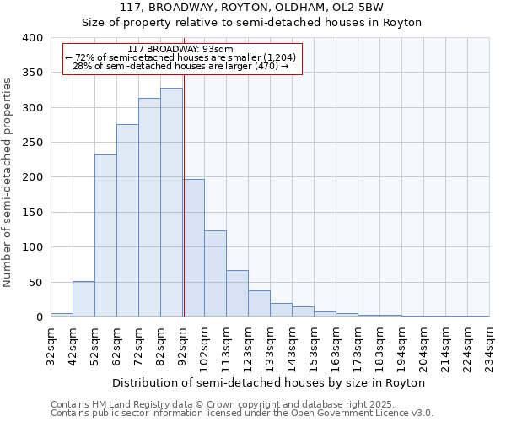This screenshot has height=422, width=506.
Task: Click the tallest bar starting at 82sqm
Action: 171,203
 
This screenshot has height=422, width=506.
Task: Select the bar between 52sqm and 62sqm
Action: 105,235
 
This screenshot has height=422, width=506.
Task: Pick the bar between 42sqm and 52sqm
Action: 83,299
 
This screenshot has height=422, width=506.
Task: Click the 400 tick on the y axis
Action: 32,38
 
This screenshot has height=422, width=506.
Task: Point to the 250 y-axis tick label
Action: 32,143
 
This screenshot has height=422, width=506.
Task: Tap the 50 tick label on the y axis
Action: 35,282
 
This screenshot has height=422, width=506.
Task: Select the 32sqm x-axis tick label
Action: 51,345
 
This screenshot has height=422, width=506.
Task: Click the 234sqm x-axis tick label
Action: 490,345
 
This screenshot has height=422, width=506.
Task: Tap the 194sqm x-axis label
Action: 402,345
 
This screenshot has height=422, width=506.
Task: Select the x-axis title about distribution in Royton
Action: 269,382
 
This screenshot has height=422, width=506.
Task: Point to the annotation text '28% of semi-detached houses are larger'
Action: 180,66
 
